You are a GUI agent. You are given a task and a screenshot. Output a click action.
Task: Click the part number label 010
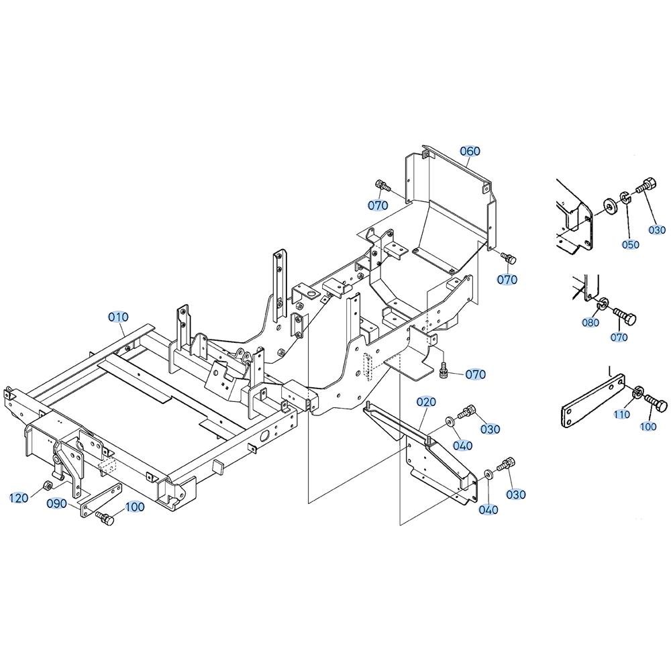tap(118, 317)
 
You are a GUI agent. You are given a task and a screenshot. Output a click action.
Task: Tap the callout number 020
tap(426, 402)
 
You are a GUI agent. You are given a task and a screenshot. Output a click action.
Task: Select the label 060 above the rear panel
tap(470, 151)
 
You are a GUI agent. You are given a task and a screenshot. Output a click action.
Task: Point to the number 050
tap(631, 245)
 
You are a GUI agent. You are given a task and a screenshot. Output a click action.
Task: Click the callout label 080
tap(590, 322)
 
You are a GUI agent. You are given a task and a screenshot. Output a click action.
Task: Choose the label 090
tap(57, 504)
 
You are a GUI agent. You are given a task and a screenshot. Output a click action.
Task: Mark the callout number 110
tap(621, 414)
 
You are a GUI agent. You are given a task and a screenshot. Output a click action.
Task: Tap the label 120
tap(19, 498)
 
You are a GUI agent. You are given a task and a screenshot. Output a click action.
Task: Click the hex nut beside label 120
tap(48, 486)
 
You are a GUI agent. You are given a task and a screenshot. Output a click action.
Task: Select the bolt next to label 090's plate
tap(105, 517)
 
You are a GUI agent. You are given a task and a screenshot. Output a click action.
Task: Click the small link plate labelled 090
tap(101, 500)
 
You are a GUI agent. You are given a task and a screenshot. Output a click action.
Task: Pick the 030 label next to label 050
tap(658, 229)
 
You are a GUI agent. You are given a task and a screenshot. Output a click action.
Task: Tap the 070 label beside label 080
tap(619, 338)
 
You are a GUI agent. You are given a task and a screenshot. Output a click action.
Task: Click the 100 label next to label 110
tap(648, 427)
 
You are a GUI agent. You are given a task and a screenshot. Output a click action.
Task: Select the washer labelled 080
tap(603, 304)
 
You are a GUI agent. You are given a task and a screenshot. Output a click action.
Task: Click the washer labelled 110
tap(638, 391)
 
